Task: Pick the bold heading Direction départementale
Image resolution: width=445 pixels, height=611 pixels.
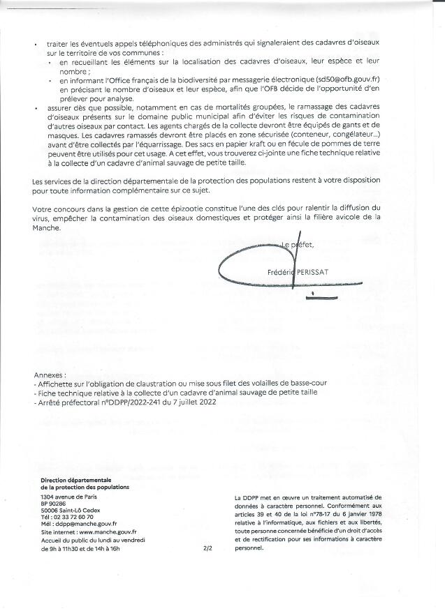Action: [76, 481]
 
